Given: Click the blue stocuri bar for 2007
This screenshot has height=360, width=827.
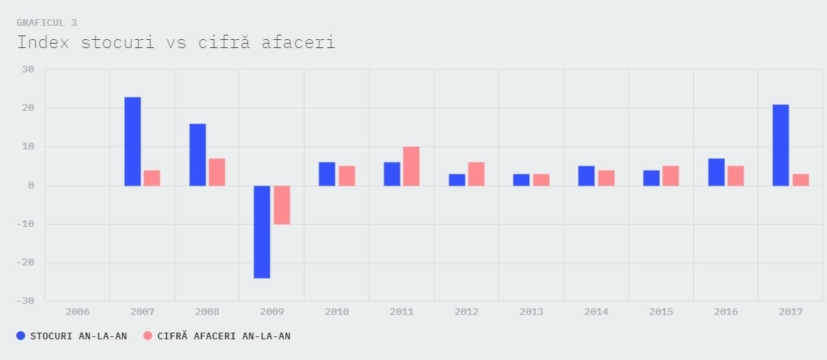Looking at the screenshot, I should pyautogui.click(x=132, y=141).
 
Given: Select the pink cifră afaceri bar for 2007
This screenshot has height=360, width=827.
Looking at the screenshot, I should pyautogui.click(x=152, y=178).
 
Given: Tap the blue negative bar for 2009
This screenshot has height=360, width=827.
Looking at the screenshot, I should pyautogui.click(x=262, y=231).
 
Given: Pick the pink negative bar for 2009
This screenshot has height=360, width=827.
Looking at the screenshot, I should pyautogui.click(x=282, y=205).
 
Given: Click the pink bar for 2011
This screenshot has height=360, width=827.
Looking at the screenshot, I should pyautogui.click(x=411, y=166).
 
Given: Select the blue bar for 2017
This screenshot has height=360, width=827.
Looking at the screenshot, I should pyautogui.click(x=780, y=145).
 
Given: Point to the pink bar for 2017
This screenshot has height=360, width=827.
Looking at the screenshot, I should pyautogui.click(x=800, y=180).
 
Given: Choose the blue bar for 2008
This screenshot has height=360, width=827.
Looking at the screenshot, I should pyautogui.click(x=197, y=154).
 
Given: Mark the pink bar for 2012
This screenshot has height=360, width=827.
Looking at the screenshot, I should pyautogui.click(x=476, y=174).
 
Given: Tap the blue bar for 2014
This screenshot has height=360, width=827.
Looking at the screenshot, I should pyautogui.click(x=586, y=176).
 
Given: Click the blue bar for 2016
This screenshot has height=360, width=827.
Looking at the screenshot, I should pyautogui.click(x=716, y=172).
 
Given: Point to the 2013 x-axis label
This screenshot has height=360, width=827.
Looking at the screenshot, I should pyautogui.click(x=531, y=312).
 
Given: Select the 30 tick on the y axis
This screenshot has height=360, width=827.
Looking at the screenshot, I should pyautogui.click(x=28, y=69).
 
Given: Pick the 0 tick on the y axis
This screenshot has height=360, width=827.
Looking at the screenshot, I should pyautogui.click(x=31, y=186).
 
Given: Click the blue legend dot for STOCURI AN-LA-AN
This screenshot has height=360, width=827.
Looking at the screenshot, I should pyautogui.click(x=21, y=336).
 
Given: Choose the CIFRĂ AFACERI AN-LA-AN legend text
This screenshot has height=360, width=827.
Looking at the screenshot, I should pyautogui.click(x=224, y=336).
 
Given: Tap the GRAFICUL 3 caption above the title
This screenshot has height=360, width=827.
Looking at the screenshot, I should pyautogui.click(x=47, y=23).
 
